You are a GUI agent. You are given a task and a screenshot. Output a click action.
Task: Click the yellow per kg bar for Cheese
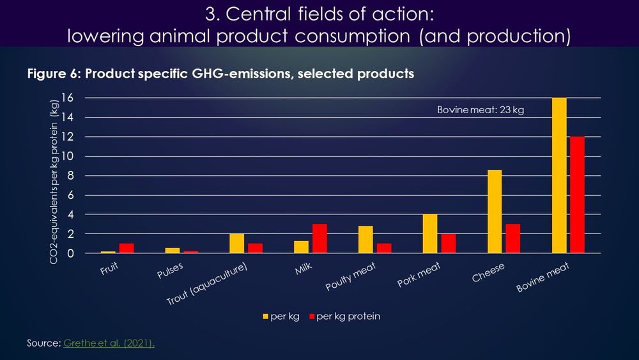[x=494, y=212]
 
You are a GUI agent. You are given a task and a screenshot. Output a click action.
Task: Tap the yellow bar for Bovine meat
[x=558, y=176]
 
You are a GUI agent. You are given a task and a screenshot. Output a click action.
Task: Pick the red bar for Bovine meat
[x=577, y=195]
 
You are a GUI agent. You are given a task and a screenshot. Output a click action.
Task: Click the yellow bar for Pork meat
[x=429, y=234]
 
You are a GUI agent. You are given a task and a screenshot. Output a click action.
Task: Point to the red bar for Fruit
[x=126, y=248]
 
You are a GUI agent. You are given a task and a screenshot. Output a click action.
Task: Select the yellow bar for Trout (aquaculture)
[x=236, y=244]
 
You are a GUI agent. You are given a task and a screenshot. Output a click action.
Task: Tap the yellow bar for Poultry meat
[x=365, y=240]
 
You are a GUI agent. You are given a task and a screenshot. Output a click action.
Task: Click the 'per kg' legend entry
[x=280, y=317]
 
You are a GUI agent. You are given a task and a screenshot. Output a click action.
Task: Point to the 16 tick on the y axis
[x=68, y=98]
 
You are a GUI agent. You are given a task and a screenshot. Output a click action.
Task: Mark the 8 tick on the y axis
[x=71, y=176]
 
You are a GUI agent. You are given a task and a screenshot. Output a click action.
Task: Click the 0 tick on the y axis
[x=71, y=254]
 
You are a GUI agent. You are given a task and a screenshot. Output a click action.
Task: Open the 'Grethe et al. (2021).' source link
[x=109, y=343]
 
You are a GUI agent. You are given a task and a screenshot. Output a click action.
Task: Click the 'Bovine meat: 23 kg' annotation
[x=481, y=111]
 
